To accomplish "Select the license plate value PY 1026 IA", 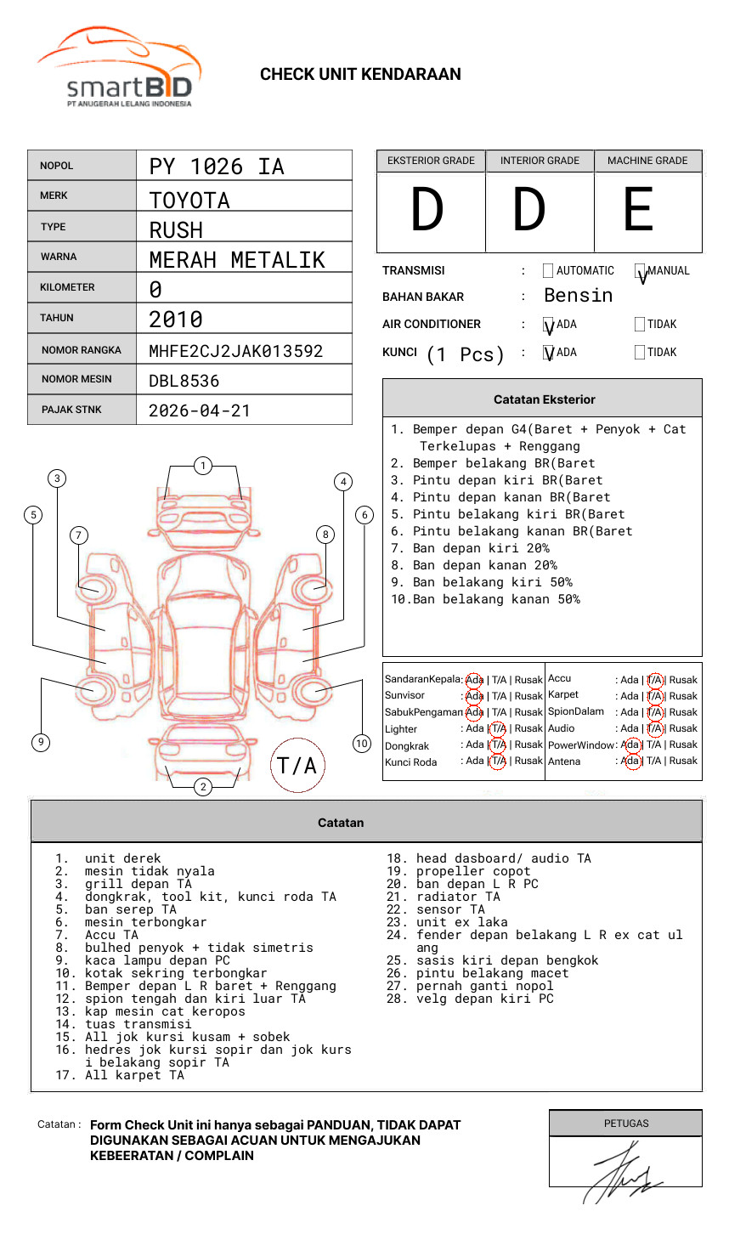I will (x=217, y=167).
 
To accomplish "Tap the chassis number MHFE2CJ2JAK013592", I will (x=235, y=351).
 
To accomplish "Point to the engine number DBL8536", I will (x=184, y=381).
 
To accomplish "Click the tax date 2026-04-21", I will (x=200, y=410).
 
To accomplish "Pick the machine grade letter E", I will (x=638, y=210).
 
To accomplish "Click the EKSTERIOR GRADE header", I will (x=431, y=161).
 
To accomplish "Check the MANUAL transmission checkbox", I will (x=641, y=271).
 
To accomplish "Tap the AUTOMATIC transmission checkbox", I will (x=548, y=271).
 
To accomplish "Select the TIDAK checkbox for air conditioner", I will (x=640, y=325).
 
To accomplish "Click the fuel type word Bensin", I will (x=578, y=296).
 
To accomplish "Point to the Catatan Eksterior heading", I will (x=544, y=399).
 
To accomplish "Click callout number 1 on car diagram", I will (x=202, y=466).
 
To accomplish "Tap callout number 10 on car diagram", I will (x=362, y=744).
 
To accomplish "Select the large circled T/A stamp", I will (x=297, y=766).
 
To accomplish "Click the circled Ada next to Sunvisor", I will (x=474, y=696).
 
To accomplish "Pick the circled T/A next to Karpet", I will (x=654, y=696).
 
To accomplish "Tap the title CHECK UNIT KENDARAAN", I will (x=360, y=75).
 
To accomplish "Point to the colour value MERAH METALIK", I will (x=237, y=260).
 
